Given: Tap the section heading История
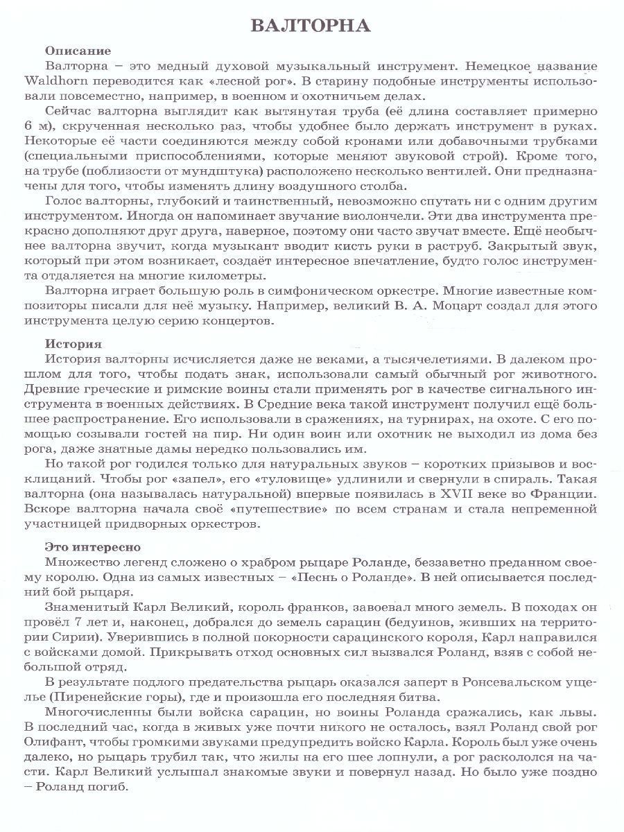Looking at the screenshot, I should (x=73, y=343).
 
